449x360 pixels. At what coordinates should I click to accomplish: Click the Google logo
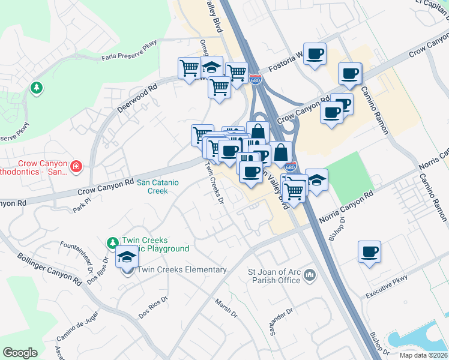(x=20, y=353)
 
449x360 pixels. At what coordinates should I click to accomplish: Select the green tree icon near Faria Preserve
(x=37, y=88)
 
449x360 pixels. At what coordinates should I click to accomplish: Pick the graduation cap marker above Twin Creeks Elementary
(x=127, y=256)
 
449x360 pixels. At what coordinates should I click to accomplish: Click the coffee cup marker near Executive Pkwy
(x=369, y=251)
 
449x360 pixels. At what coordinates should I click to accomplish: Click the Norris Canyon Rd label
(x=346, y=208)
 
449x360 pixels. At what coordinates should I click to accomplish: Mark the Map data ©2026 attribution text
(x=424, y=355)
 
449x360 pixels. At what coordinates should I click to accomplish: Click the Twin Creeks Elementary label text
(x=182, y=269)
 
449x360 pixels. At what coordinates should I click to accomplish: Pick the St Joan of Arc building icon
(x=310, y=275)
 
